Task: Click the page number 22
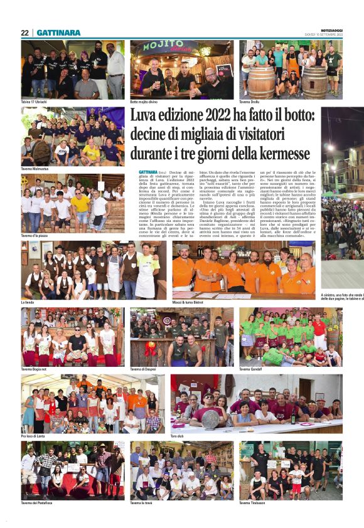24,33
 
